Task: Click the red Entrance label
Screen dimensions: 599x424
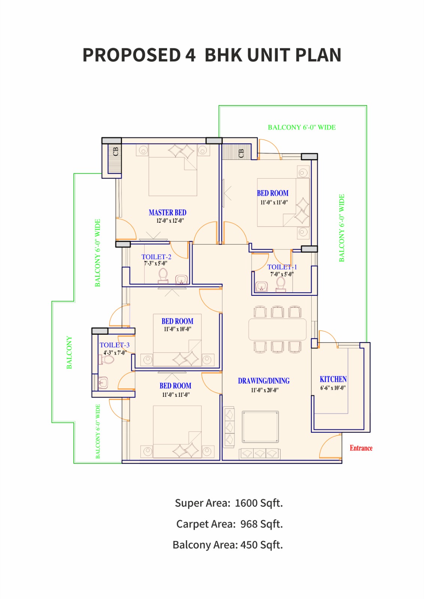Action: coord(361,448)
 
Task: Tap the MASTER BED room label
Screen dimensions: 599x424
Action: coord(167,212)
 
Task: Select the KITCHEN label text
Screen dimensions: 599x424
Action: coord(333,379)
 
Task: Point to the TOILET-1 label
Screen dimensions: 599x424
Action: coord(282,267)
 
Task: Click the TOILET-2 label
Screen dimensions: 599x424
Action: coord(156,257)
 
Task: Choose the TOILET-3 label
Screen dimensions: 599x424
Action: coord(115,345)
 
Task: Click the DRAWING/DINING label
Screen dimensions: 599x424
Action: coord(264,381)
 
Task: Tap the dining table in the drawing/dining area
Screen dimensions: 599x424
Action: coord(277,329)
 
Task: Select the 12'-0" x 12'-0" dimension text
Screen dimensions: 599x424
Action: coord(170,221)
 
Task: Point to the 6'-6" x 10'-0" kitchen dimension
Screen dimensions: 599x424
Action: coord(333,388)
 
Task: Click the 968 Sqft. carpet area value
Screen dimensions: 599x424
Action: coord(261,524)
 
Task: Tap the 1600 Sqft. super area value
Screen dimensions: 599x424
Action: coord(258,503)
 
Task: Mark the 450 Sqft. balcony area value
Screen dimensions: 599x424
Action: coord(261,545)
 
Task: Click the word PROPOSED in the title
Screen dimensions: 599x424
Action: coord(131,55)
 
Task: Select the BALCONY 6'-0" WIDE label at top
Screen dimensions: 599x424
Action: coord(302,127)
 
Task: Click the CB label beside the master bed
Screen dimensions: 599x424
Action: coord(115,151)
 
